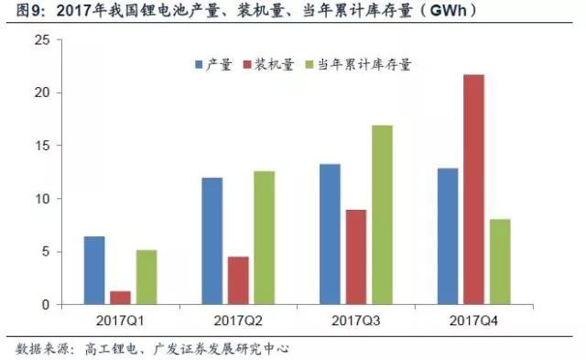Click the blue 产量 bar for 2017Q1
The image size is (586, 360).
(x=94, y=270)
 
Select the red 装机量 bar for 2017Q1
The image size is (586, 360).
(x=120, y=298)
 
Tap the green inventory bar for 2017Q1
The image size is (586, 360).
(x=146, y=277)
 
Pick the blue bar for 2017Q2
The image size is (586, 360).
(x=212, y=241)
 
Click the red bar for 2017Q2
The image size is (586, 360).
(x=238, y=280)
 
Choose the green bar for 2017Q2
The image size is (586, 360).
(x=264, y=238)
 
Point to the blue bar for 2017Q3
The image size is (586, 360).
(x=330, y=235)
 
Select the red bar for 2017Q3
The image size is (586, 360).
(x=356, y=257)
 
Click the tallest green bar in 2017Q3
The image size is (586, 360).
(x=382, y=215)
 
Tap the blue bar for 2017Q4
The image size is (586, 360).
(x=448, y=236)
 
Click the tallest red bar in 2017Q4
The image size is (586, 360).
(x=474, y=190)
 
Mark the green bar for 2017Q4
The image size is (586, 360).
(x=500, y=262)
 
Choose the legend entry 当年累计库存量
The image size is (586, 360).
(x=363, y=65)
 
